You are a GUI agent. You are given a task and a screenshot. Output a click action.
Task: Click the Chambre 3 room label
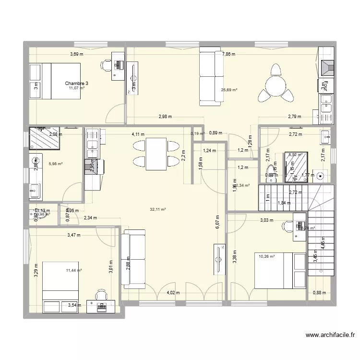(77, 83)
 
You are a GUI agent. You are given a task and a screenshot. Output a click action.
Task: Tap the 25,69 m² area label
(229, 90)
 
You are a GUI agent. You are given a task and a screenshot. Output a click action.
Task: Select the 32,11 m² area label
(157, 209)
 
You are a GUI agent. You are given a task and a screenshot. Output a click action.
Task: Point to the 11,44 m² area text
(74, 271)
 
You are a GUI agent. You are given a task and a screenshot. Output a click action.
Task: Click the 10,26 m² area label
(266, 256)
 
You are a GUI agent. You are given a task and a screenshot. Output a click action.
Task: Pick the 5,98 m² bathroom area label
(56, 164)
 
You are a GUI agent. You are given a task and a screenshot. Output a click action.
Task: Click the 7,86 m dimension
(228, 54)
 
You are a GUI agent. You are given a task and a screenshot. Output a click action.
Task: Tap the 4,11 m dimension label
(139, 134)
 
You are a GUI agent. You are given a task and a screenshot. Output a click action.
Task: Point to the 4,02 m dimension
(173, 293)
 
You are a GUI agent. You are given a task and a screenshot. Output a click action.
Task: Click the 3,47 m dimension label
(74, 235)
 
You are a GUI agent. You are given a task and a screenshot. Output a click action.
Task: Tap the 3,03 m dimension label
(267, 221)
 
